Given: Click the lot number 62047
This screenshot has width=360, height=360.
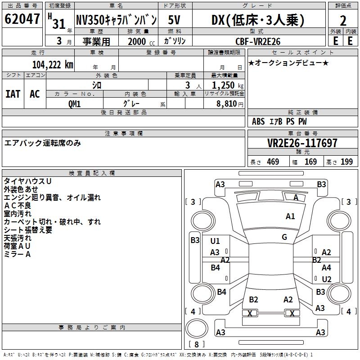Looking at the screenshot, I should point(22,20).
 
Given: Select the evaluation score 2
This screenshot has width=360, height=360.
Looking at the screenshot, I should point(343,20).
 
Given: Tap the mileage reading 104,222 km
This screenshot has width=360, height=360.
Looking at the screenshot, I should point(53,65).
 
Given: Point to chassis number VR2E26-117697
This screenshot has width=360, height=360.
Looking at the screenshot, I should point(302,143).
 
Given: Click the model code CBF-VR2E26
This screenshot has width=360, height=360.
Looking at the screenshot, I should point(258,41).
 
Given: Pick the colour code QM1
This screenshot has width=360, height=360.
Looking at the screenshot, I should point(74,103).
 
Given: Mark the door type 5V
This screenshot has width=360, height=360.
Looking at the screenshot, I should point(175,20).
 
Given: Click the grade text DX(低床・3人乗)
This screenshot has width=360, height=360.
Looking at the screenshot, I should point(258,20).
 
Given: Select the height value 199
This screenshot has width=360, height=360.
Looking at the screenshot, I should point(346,162).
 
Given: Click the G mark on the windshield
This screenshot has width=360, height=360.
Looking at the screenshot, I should point(284,237).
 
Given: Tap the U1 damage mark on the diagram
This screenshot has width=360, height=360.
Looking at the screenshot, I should point(215,241).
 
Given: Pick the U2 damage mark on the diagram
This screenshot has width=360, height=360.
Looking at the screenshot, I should point(327,279).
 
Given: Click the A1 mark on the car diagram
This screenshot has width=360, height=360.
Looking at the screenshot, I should point(290,216).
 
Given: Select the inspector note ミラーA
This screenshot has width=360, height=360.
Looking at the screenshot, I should point(17,254).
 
